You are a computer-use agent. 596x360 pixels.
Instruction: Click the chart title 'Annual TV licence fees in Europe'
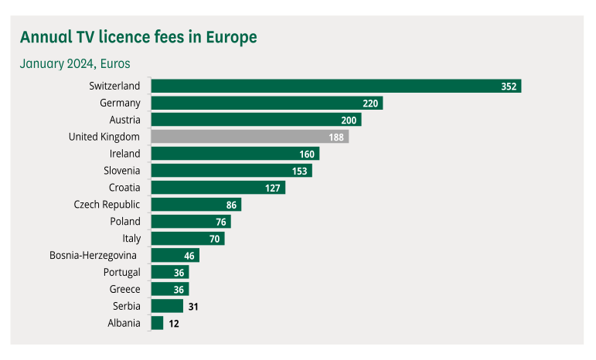click(138, 37)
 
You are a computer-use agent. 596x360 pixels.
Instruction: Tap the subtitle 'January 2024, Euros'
click(75, 63)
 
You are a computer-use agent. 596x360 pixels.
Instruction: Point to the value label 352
click(508, 86)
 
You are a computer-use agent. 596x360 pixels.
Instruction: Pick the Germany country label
click(120, 103)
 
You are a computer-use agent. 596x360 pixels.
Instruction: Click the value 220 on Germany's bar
click(370, 103)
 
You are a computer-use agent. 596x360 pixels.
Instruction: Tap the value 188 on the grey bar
click(336, 137)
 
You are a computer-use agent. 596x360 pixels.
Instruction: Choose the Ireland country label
click(124, 154)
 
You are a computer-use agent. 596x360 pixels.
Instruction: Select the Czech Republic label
click(107, 205)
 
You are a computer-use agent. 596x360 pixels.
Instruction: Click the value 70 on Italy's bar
click(214, 239)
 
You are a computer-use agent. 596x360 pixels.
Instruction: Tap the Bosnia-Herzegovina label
click(94, 256)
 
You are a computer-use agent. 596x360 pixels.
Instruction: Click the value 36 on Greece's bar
click(178, 290)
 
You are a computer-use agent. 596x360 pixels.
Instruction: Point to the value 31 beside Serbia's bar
click(194, 307)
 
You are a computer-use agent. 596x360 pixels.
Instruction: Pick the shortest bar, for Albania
click(157, 324)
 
